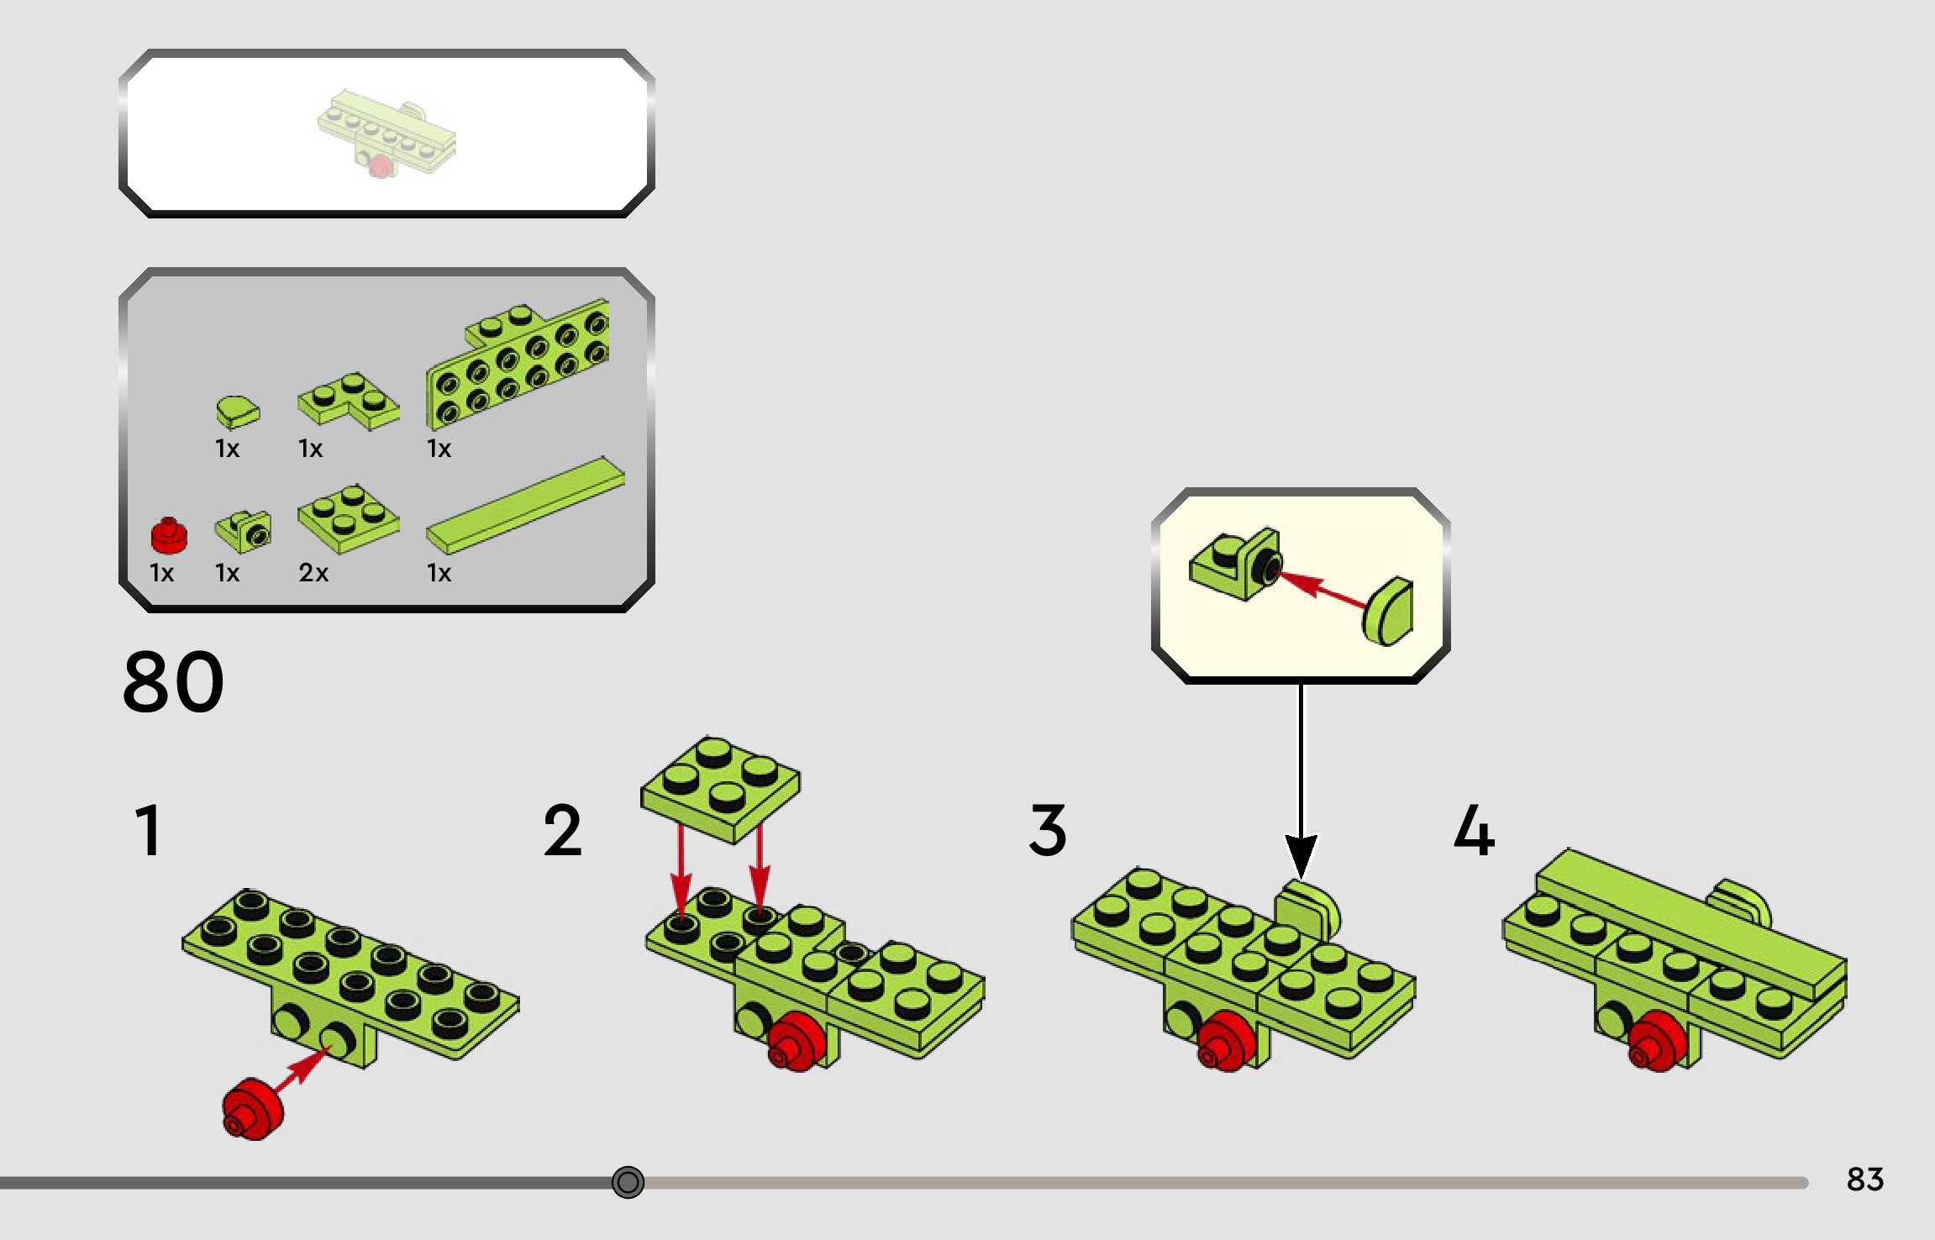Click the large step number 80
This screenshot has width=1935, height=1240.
click(174, 681)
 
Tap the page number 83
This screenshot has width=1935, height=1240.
click(1864, 1180)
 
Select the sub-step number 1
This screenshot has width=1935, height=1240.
click(148, 830)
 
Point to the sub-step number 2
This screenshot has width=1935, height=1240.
click(562, 830)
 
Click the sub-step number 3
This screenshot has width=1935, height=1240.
click(1048, 830)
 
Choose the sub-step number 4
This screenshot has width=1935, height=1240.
click(1475, 830)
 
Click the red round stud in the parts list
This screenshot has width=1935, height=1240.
click(169, 535)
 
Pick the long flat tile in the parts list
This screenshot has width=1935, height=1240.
click(526, 506)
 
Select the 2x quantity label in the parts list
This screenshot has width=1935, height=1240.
click(313, 573)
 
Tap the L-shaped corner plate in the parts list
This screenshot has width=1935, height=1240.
click(349, 401)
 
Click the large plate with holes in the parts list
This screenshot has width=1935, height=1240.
click(518, 364)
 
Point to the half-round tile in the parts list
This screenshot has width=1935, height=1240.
click(238, 412)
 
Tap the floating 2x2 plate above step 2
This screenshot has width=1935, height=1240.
click(721, 790)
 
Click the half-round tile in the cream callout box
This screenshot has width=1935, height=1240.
click(1388, 611)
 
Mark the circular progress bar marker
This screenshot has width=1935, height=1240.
click(628, 1182)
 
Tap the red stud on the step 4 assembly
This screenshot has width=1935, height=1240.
click(1657, 1042)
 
